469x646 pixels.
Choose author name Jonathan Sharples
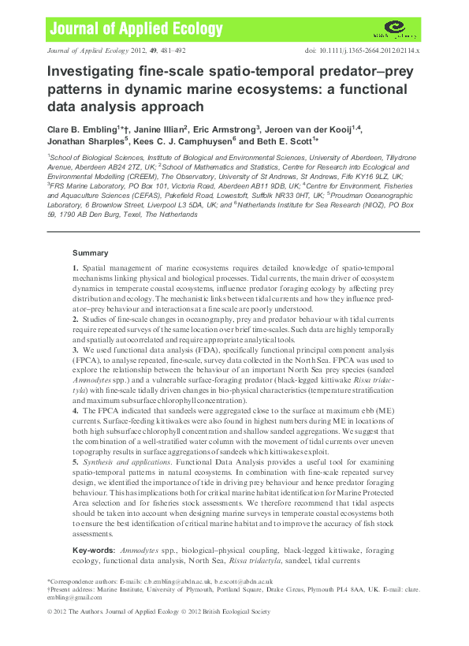[85, 141]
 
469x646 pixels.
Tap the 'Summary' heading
[91, 253]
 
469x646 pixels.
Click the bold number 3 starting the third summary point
[75, 369]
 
